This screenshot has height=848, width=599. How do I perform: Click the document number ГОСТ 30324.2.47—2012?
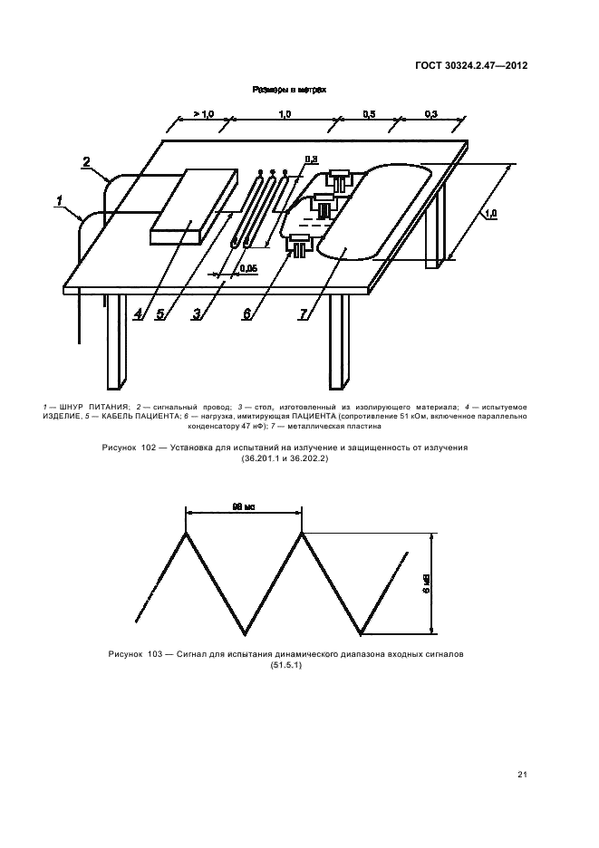[x=471, y=66]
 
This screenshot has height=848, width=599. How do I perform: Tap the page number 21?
[x=523, y=774]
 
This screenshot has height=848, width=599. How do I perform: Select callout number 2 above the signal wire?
[x=86, y=163]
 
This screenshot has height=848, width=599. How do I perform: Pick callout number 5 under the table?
[x=162, y=315]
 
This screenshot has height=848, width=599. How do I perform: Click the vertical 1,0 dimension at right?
[x=489, y=215]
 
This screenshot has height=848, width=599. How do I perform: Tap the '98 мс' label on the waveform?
[x=243, y=508]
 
